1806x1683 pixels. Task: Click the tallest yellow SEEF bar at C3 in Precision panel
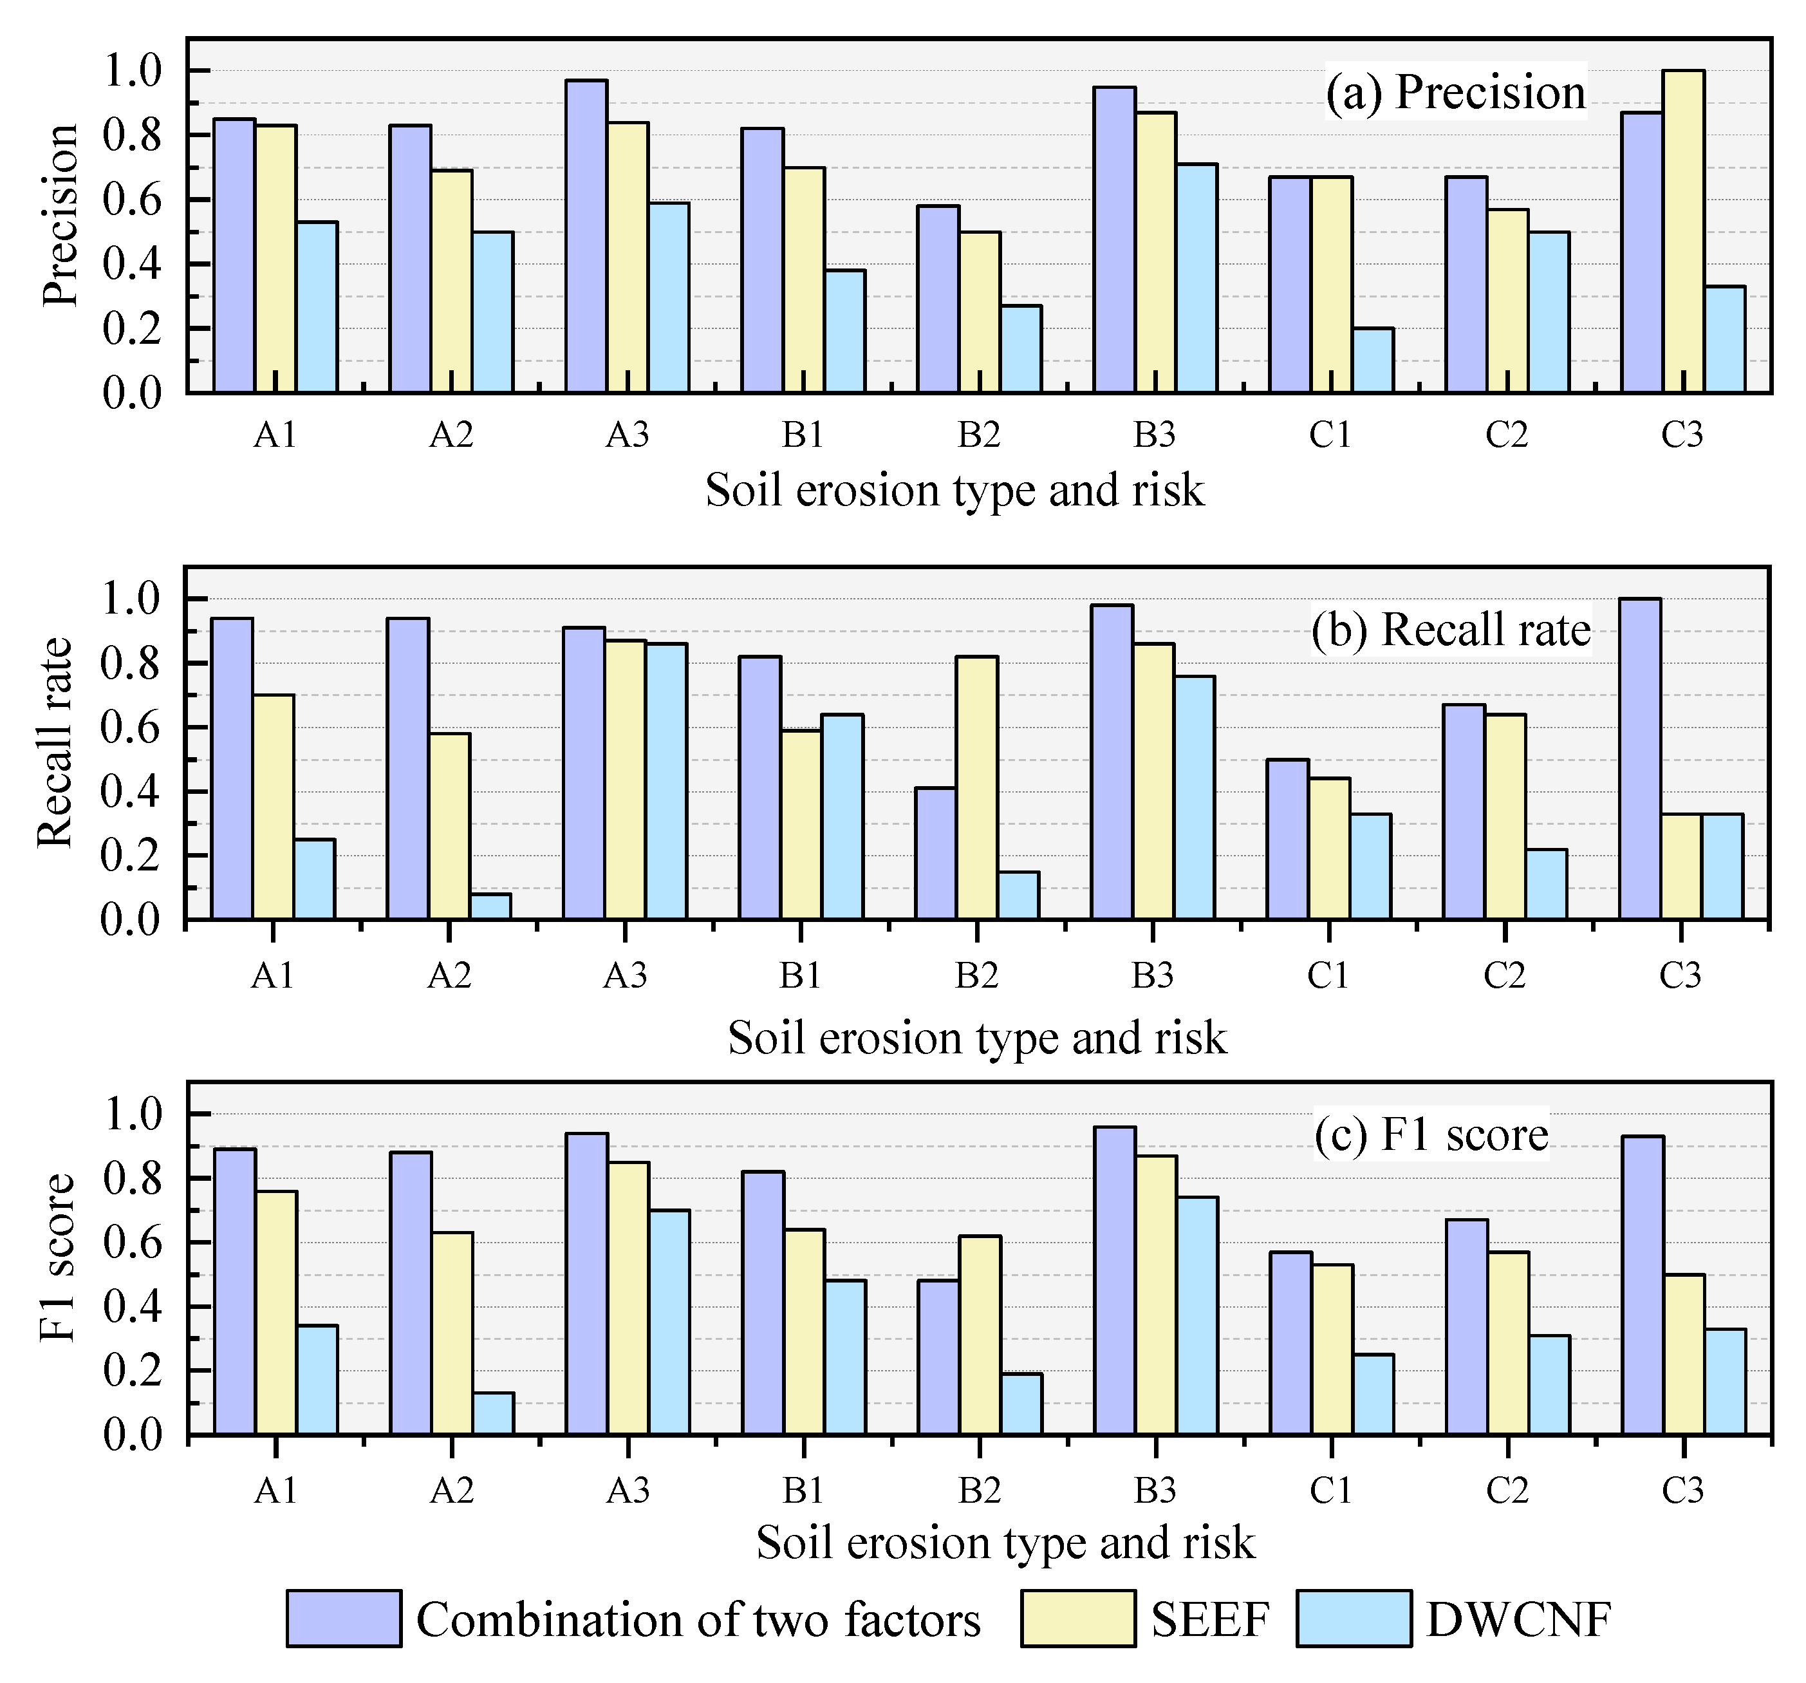[1682, 232]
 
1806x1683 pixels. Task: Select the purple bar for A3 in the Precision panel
[586, 236]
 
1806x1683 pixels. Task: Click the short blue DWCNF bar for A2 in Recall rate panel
[490, 906]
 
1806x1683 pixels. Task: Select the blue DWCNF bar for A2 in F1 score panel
[492, 1413]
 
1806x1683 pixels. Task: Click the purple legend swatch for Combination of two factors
[344, 1619]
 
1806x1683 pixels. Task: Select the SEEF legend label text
[1209, 1619]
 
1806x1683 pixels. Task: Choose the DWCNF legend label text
[1518, 1619]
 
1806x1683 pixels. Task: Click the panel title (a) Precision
[1455, 92]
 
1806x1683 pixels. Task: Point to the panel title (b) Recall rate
[1451, 630]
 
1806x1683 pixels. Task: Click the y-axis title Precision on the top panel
[62, 216]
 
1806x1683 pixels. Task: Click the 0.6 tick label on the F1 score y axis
[132, 1243]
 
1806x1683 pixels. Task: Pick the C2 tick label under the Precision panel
[1505, 435]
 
